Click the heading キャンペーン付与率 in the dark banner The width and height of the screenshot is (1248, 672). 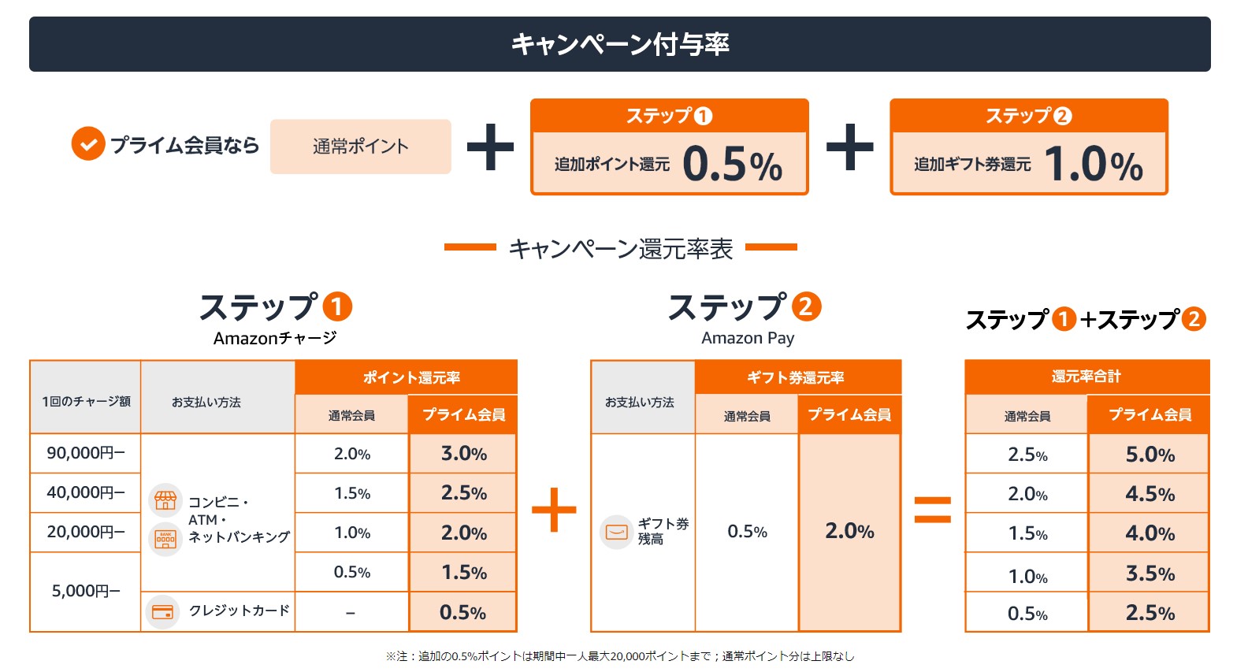pyautogui.click(x=620, y=44)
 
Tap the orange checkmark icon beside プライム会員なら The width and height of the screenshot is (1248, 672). pyautogui.click(x=88, y=144)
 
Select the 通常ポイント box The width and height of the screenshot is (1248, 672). pyautogui.click(x=360, y=147)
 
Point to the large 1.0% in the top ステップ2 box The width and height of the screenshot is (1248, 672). pyautogui.click(x=1093, y=165)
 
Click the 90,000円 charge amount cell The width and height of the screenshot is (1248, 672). pyautogui.click(x=85, y=453)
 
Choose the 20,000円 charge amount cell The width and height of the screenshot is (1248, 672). pyautogui.click(x=85, y=532)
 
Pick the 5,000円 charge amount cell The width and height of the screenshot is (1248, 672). pyautogui.click(x=85, y=591)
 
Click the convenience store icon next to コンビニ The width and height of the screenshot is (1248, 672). pyautogui.click(x=165, y=499)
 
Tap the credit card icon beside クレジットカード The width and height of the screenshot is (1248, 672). pyautogui.click(x=163, y=611)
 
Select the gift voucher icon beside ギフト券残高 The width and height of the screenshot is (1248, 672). pyautogui.click(x=616, y=532)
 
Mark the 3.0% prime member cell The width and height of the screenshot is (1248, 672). pyautogui.click(x=463, y=454)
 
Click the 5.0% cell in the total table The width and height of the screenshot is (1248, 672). pyautogui.click(x=1150, y=455)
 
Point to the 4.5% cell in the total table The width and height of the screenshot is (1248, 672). pyautogui.click(x=1150, y=494)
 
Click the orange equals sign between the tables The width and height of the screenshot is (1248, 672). pyautogui.click(x=932, y=510)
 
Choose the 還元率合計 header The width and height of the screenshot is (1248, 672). pyautogui.click(x=1086, y=377)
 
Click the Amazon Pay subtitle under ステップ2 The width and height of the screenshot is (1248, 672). pyautogui.click(x=748, y=338)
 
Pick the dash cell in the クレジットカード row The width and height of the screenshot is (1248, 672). pyautogui.click(x=351, y=612)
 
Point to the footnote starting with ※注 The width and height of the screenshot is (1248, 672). pyautogui.click(x=619, y=656)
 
